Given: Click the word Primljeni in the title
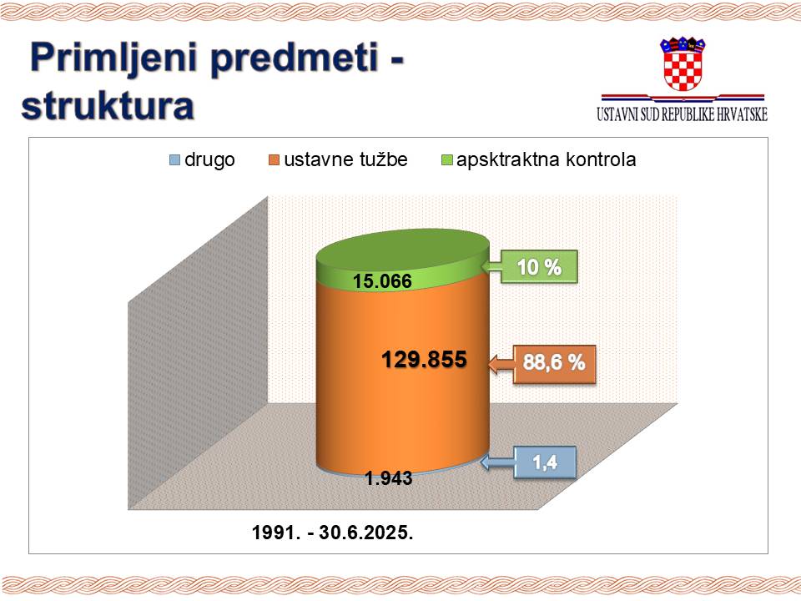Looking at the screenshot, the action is point(114,58).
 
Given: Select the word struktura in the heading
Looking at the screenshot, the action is point(108,106).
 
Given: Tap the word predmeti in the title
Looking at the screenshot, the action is point(295,58).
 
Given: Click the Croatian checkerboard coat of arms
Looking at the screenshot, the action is point(683,64).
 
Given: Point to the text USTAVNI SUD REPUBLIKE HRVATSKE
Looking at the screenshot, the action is point(682,114).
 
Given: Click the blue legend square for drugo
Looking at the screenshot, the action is point(174,160).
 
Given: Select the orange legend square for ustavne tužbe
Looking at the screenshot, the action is point(275,160).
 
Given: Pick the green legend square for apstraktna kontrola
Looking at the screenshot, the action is point(446,160).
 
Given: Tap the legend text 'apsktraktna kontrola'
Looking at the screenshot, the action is point(546,159).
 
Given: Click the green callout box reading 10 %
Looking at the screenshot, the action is point(539,267).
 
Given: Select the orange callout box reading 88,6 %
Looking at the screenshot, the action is point(554,363).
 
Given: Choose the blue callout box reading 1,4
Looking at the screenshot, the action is point(545,462).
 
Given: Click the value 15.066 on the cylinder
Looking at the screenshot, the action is point(382,281).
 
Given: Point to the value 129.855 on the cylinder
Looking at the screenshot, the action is point(424,359).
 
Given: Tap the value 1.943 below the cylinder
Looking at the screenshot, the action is point(388,477).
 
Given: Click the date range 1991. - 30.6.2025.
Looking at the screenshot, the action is point(333,533).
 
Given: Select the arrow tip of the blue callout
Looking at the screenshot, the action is point(481,463).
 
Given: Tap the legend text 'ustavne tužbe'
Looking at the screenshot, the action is point(345,159).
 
